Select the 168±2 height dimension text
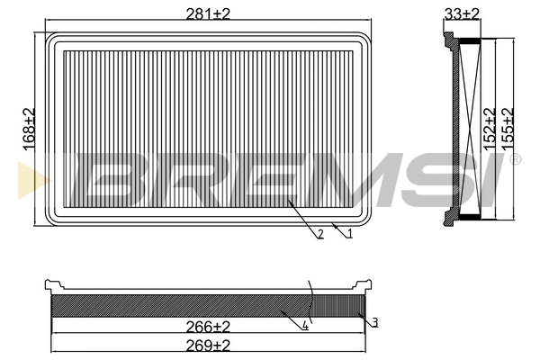tap(28, 129)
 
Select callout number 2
tap(320, 235)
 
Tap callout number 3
tap(374, 322)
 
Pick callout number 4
tap(306, 326)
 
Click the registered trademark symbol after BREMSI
tap(515, 160)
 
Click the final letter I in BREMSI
tap(490, 181)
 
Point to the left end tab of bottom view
tap(49, 287)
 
